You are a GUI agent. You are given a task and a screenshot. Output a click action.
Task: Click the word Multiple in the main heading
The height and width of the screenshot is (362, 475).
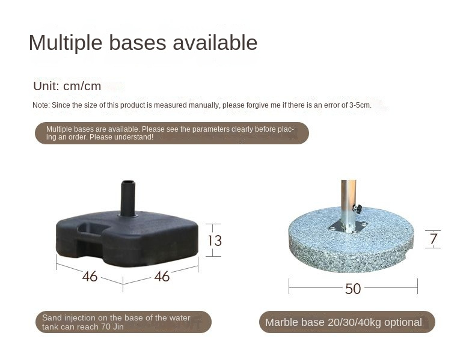66,43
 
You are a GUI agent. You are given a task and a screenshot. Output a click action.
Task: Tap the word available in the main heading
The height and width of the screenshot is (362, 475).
215,42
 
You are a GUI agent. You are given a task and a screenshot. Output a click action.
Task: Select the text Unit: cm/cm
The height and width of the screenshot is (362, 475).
67,86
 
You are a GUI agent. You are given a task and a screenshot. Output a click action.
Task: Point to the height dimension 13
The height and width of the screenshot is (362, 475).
215,241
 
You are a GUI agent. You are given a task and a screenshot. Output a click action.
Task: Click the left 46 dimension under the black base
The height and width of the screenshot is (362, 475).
90,276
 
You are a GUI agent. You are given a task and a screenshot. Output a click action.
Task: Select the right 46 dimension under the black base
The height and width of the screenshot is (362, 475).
162,276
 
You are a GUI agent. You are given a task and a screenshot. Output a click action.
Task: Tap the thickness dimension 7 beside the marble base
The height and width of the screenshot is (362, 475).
434,239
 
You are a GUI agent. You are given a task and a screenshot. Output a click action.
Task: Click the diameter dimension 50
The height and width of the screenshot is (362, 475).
353,289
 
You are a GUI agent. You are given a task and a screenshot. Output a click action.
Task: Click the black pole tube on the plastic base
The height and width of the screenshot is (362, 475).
128,198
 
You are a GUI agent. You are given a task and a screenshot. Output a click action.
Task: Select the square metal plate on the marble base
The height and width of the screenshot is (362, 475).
348,227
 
